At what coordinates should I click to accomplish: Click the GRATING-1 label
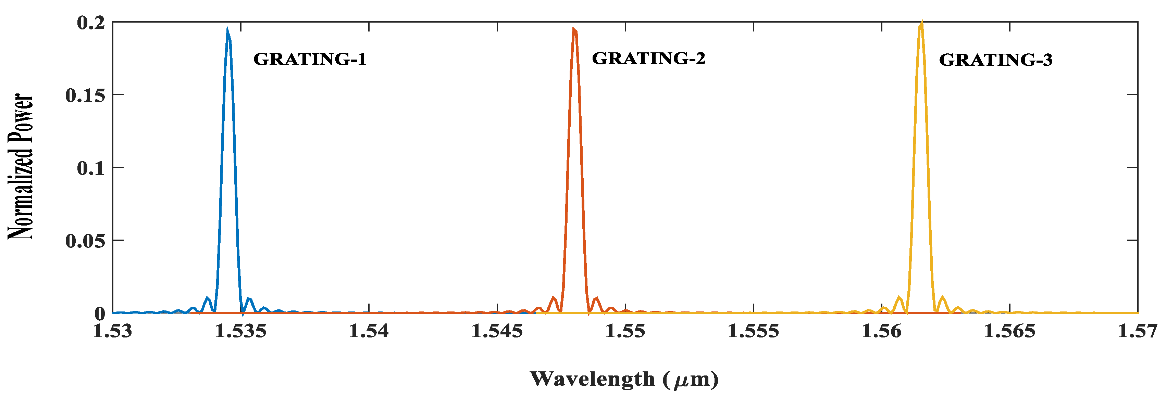click(310, 59)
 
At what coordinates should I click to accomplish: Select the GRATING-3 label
click(995, 60)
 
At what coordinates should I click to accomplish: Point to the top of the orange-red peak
click(574, 30)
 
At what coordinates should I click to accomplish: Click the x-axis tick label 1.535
click(240, 331)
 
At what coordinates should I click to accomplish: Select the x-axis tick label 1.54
click(369, 331)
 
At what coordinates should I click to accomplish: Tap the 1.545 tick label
click(497, 331)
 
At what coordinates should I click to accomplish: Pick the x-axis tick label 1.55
click(625, 331)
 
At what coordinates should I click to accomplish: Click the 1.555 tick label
click(753, 331)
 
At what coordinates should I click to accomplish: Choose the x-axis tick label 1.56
click(881, 331)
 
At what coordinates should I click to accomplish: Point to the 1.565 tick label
click(1009, 331)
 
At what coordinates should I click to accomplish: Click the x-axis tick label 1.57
click(1137, 331)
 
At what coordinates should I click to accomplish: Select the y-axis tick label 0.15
click(85, 95)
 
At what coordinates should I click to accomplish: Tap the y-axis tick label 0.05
click(85, 241)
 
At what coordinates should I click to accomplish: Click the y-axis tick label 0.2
click(91, 23)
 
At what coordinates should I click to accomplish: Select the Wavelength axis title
click(624, 379)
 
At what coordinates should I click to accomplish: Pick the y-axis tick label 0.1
click(91, 168)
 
